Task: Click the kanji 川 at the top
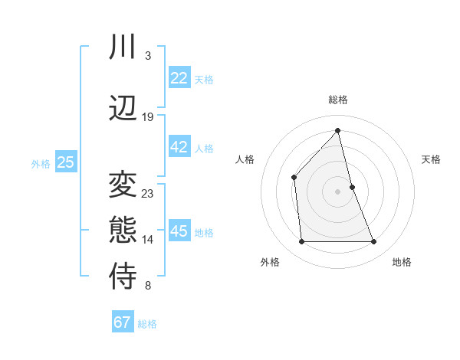pyautogui.click(x=123, y=48)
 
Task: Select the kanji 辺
pyautogui.click(x=123, y=108)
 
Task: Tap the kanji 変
pyautogui.click(x=123, y=185)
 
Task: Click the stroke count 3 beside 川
pyautogui.click(x=147, y=56)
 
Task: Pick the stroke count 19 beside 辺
pyautogui.click(x=148, y=117)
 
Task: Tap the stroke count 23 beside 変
pyautogui.click(x=148, y=194)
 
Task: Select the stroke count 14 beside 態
pyautogui.click(x=148, y=240)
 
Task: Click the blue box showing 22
pyautogui.click(x=179, y=78)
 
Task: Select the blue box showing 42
pyautogui.click(x=179, y=147)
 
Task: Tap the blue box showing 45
pyautogui.click(x=179, y=231)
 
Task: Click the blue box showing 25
pyautogui.click(x=65, y=162)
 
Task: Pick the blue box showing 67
pyautogui.click(x=123, y=322)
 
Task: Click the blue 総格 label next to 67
pyautogui.click(x=147, y=324)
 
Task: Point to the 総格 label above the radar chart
pyautogui.click(x=337, y=100)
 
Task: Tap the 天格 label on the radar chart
pyautogui.click(x=431, y=159)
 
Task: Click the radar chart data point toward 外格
pyautogui.click(x=301, y=242)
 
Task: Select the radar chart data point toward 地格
pyautogui.click(x=374, y=242)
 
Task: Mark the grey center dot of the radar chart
pyautogui.click(x=337, y=191)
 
